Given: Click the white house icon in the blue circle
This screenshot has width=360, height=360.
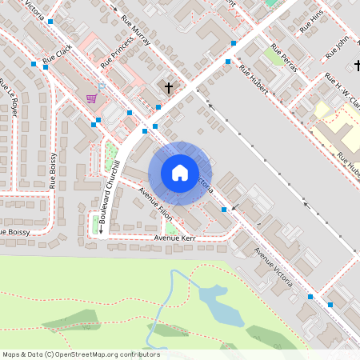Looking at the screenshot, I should point(180,173).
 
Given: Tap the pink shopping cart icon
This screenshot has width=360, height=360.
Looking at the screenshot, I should point(92,98).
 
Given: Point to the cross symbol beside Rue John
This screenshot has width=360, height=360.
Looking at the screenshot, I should point(357,64).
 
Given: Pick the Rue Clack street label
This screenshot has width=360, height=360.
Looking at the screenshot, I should point(57,54).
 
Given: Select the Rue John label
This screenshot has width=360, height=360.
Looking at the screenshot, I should point(338,46).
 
